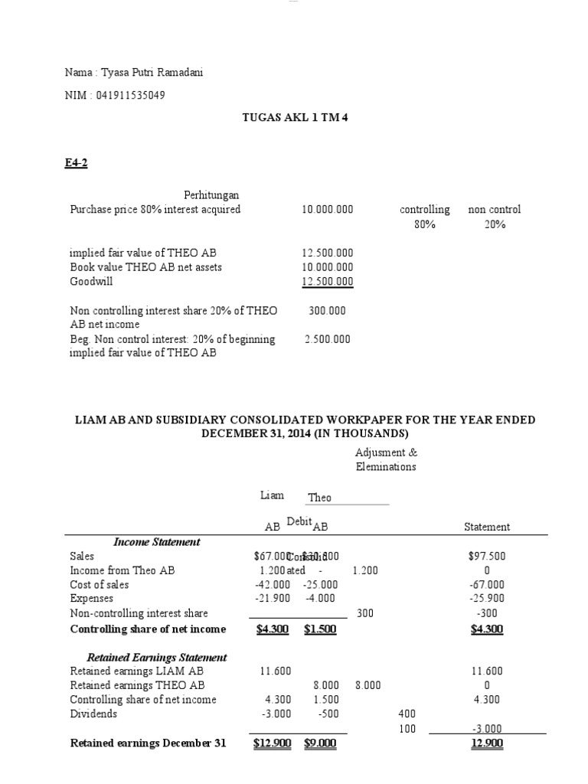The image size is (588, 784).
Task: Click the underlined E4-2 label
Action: tap(77, 162)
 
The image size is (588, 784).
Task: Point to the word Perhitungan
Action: tap(211, 194)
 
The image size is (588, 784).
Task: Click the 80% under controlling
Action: tap(424, 225)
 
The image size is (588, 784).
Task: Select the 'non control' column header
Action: tap(495, 210)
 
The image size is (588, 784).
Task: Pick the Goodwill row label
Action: tap(92, 282)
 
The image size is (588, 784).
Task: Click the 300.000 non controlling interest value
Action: tap(327, 311)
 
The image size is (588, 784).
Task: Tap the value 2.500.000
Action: tap(328, 339)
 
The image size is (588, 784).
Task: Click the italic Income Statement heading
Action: tap(157, 542)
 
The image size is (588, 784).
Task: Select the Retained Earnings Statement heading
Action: tap(157, 657)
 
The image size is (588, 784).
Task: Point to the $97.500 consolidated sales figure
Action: tap(487, 557)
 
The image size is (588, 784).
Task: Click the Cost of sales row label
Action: tap(100, 585)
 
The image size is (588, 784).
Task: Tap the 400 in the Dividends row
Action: tap(407, 714)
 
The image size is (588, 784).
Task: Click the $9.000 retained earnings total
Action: tap(320, 743)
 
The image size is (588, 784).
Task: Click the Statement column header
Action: tap(487, 527)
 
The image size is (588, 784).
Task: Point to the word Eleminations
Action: tap(385, 467)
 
